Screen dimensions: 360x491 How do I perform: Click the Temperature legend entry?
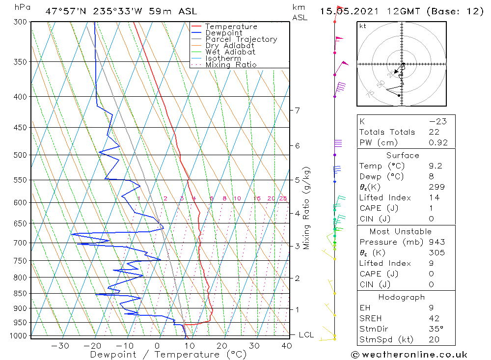click(231, 27)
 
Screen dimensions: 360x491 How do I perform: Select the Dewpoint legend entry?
click(224, 33)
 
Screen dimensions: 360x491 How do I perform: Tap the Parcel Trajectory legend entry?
click(241, 39)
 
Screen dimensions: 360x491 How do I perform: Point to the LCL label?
click(306, 335)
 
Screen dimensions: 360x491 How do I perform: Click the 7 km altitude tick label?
click(298, 110)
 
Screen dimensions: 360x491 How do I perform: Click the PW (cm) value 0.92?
click(438, 143)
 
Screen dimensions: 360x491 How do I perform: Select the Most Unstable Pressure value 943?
click(436, 242)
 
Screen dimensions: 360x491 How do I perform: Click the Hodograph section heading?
click(402, 297)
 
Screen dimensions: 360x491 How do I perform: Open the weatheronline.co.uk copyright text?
click(409, 355)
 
